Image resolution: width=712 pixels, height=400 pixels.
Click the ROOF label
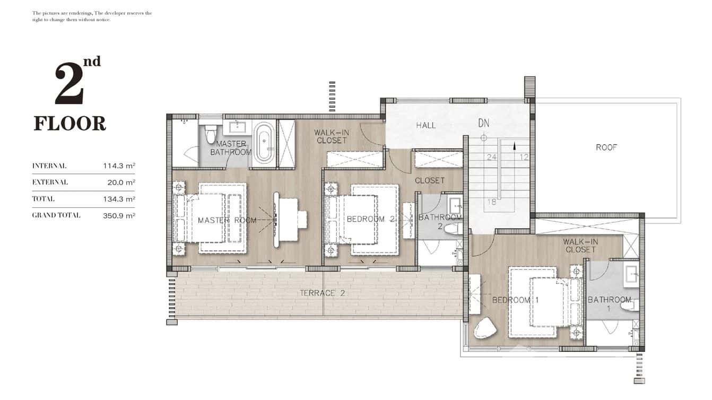click(606, 147)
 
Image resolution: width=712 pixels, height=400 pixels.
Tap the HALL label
click(426, 125)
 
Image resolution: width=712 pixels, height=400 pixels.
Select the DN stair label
click(483, 123)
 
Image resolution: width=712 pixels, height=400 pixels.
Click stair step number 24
click(491, 157)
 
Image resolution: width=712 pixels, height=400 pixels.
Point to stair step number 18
click(492, 202)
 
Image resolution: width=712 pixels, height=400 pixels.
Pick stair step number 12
click(524, 157)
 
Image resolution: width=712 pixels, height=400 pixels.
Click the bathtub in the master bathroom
click(263, 143)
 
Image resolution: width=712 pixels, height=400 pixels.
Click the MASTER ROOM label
click(227, 220)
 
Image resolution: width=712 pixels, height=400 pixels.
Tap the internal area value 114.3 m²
click(119, 166)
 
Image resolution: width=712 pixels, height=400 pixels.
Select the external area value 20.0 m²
click(121, 182)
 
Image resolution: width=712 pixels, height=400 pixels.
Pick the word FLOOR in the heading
click(70, 124)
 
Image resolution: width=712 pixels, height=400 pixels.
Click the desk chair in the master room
click(301, 219)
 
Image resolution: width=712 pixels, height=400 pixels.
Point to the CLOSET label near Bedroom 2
click(430, 180)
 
